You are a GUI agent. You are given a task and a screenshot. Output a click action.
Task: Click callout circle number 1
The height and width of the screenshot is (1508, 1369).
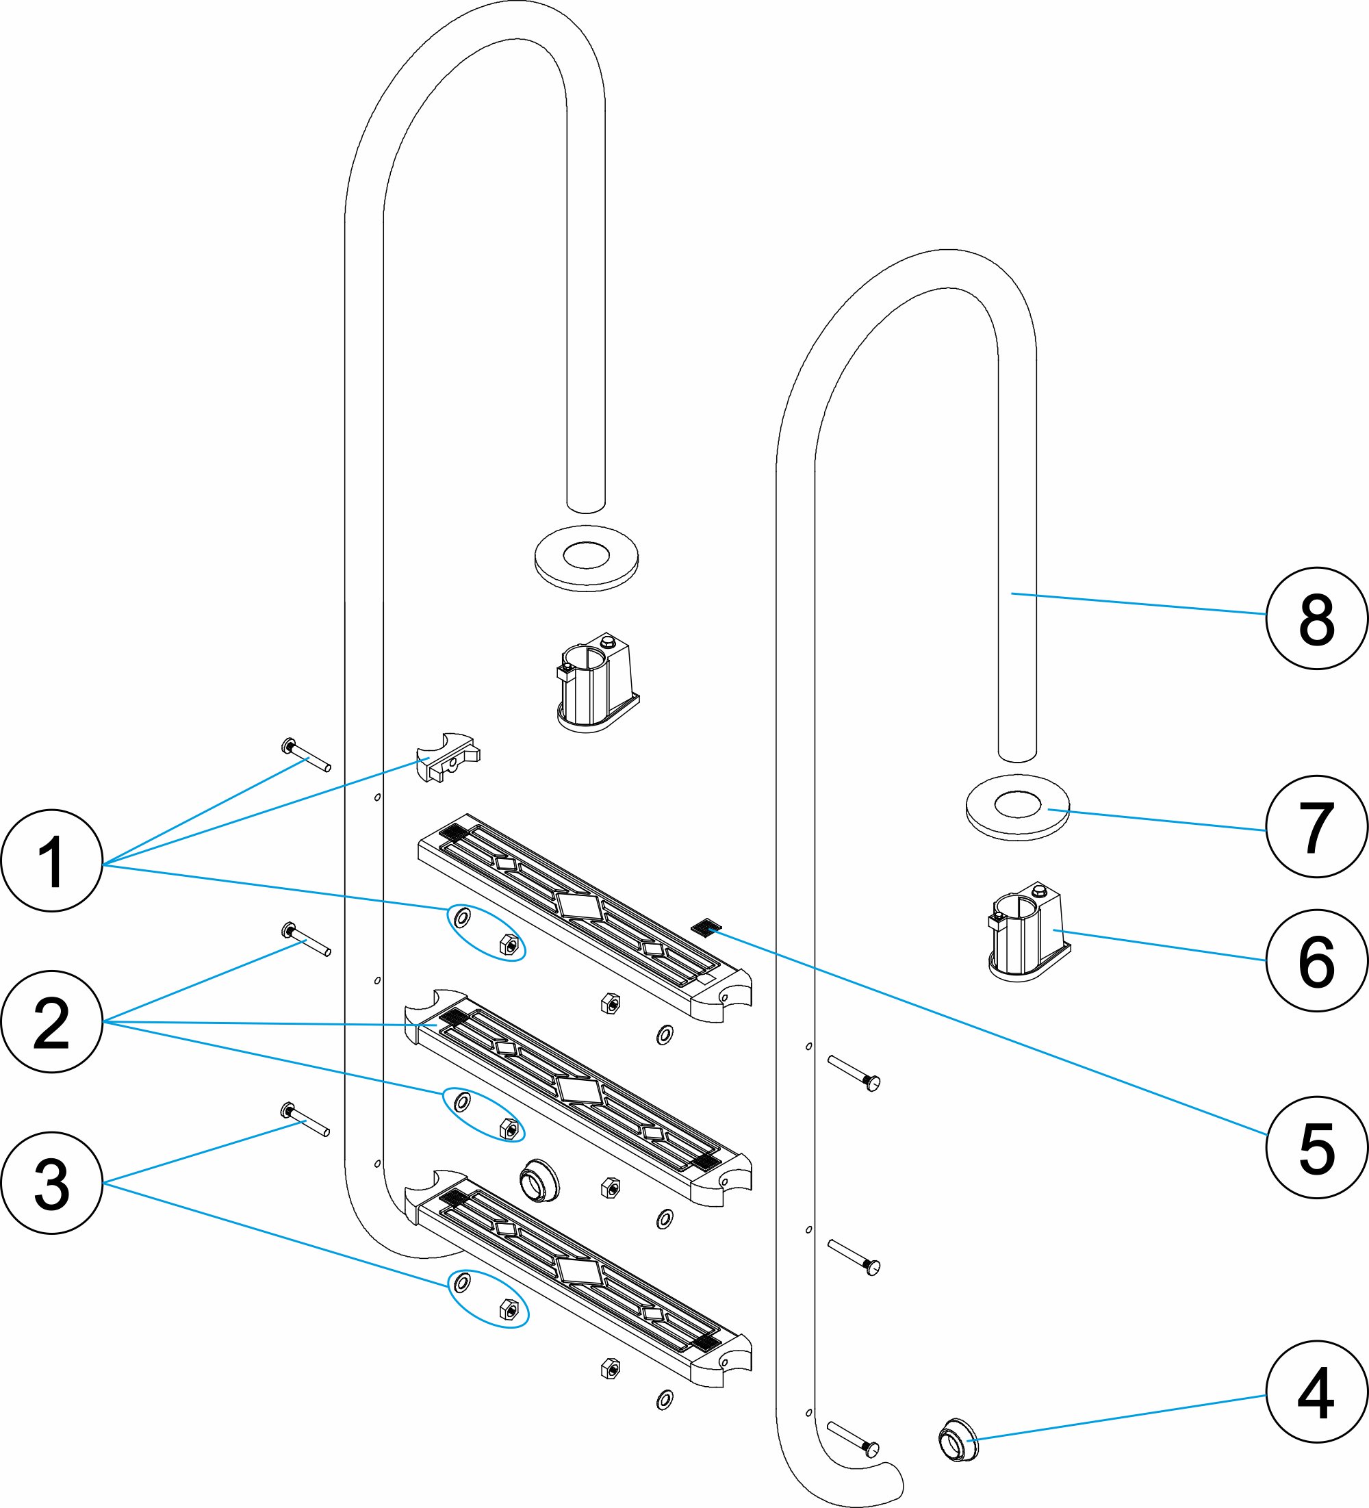[x=51, y=860]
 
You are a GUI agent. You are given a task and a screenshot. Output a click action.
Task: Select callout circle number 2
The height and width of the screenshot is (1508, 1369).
[x=51, y=1022]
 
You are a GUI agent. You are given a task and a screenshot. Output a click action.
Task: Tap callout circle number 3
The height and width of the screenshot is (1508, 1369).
[x=51, y=1183]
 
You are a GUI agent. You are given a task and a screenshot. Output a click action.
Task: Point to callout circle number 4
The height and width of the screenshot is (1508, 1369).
[x=1316, y=1392]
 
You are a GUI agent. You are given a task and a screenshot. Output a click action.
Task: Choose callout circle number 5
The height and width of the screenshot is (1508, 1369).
[x=1316, y=1147]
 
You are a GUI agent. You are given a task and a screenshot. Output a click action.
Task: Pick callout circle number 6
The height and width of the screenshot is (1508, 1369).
[x=1316, y=960]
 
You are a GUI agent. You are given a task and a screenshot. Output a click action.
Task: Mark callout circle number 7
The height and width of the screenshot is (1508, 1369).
[x=1316, y=826]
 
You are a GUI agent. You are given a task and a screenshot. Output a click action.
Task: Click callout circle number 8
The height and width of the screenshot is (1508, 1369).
[x=1316, y=618]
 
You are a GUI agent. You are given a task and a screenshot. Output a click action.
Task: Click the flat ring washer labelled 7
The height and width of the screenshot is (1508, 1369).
[x=1017, y=807]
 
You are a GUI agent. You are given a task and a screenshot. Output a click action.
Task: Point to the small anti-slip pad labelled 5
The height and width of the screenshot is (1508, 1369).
[x=706, y=928]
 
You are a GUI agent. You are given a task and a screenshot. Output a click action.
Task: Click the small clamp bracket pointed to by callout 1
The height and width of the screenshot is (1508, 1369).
[x=448, y=756]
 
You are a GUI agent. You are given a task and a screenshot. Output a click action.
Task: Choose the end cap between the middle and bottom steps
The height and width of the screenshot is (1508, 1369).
[x=539, y=1181]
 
